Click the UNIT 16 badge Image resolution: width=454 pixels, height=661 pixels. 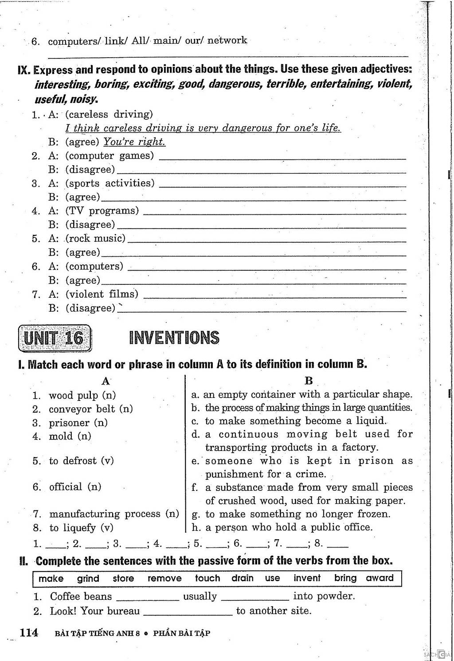click(x=54, y=338)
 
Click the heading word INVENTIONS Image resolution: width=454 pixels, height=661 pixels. click(x=174, y=338)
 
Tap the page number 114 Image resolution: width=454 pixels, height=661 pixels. click(x=29, y=632)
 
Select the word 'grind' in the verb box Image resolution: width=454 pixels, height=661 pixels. click(x=88, y=578)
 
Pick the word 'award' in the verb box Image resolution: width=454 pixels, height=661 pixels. click(x=380, y=578)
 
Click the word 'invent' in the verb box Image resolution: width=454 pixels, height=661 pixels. click(x=307, y=578)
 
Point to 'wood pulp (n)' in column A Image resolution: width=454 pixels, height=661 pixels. click(x=82, y=395)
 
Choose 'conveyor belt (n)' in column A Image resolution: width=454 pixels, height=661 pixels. click(x=90, y=409)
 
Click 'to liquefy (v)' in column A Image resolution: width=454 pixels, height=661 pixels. click(x=81, y=528)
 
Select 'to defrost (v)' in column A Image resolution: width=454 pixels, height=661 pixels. click(x=82, y=461)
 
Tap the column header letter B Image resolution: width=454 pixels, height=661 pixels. click(x=309, y=381)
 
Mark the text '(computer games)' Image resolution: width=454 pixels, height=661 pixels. click(x=110, y=156)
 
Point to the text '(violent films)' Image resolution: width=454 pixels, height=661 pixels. click(x=102, y=294)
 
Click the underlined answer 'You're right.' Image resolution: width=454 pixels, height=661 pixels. click(x=134, y=142)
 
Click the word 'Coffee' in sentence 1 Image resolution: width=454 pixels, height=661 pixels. click(x=65, y=596)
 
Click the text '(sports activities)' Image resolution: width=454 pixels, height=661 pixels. click(x=110, y=183)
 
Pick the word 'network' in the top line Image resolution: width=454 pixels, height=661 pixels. click(x=227, y=41)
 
